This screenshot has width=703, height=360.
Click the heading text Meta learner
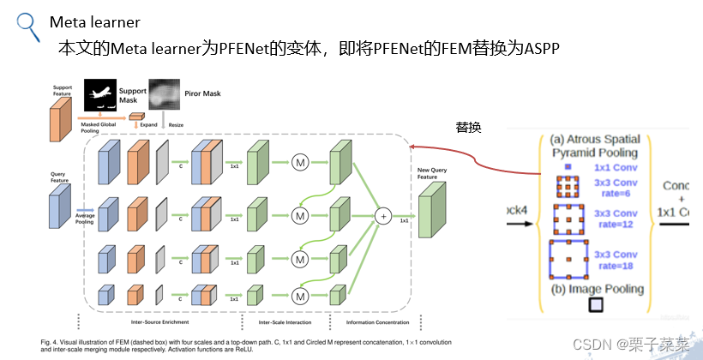(x=94, y=21)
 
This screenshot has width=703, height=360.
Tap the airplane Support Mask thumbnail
(x=100, y=95)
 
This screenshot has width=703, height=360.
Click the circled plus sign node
(x=383, y=217)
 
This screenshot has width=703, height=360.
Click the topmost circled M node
(x=300, y=164)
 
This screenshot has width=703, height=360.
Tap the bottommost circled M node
(x=300, y=296)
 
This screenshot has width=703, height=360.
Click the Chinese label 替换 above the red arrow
(x=468, y=128)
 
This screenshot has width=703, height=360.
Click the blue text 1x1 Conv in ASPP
(x=616, y=166)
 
